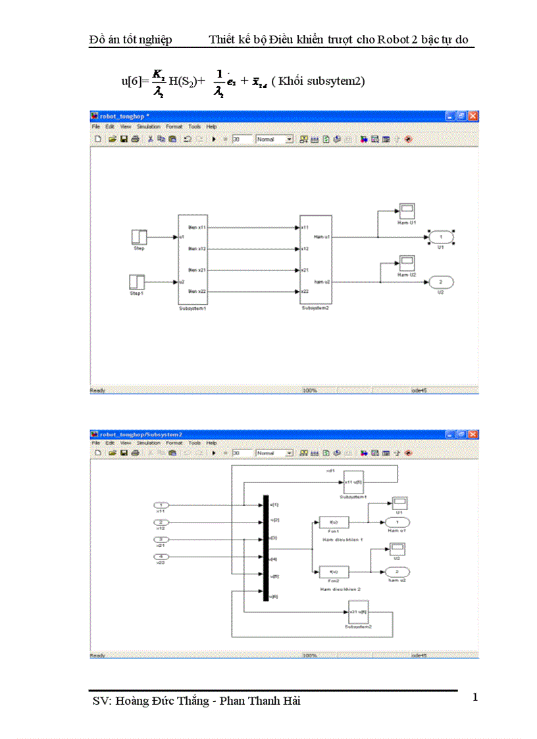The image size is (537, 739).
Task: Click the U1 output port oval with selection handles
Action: [x=441, y=237]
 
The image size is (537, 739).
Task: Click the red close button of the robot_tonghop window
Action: [x=473, y=116]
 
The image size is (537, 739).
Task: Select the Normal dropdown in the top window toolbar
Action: [x=274, y=140]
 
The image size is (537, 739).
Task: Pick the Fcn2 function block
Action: [x=333, y=571]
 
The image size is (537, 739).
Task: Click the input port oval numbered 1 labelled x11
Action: [x=161, y=505]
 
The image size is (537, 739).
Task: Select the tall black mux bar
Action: [x=266, y=548]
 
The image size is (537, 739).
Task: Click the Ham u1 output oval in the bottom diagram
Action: [x=397, y=522]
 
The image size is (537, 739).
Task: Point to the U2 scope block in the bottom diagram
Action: [x=398, y=549]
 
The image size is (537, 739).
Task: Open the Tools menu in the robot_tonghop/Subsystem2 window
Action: [x=194, y=443]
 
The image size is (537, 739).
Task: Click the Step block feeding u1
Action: [x=139, y=237]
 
